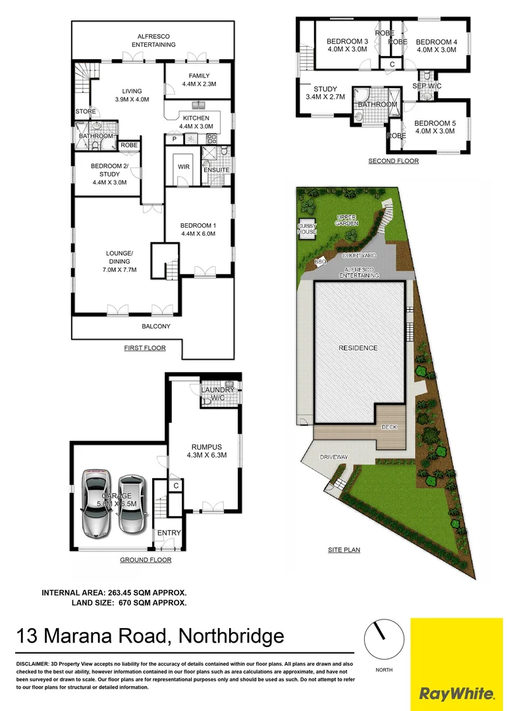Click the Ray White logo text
click(456, 693)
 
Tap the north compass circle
click(383, 639)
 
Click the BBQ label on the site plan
click(321, 262)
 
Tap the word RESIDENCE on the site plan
click(358, 348)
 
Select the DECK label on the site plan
click(390, 427)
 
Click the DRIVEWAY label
click(334, 457)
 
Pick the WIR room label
click(184, 167)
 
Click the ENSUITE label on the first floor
click(216, 170)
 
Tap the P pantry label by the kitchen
click(174, 140)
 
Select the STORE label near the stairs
click(86, 111)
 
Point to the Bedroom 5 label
click(435, 123)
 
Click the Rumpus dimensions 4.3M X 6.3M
click(206, 456)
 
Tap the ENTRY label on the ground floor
click(169, 533)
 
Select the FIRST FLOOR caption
click(145, 348)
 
